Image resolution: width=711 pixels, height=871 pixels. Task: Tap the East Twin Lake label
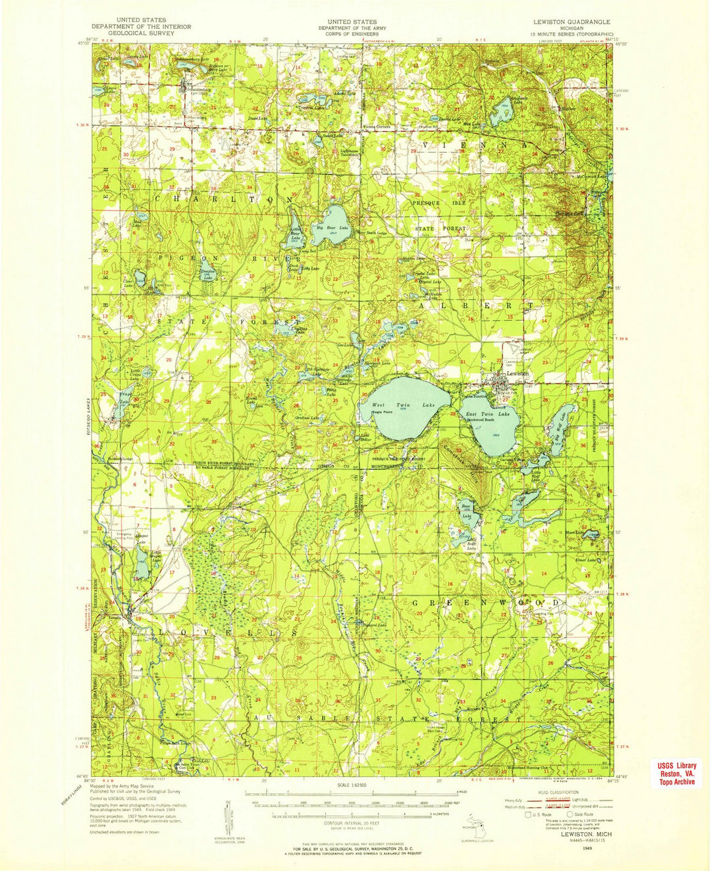[x=487, y=414]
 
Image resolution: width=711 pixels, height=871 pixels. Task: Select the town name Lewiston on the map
[x=517, y=374]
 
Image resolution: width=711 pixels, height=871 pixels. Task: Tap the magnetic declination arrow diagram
[x=228, y=814]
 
